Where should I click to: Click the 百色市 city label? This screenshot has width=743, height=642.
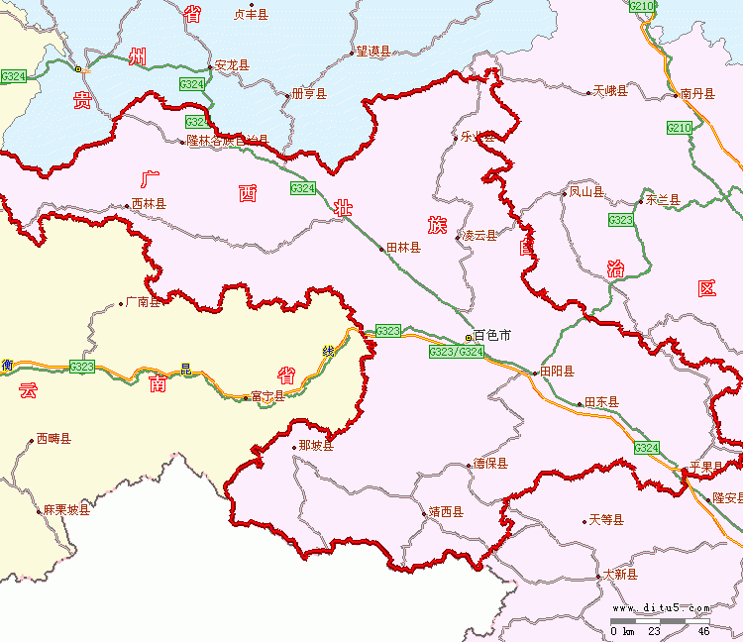(x=492, y=337)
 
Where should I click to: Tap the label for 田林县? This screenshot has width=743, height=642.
(x=403, y=248)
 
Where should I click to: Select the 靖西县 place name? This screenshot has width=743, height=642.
(x=446, y=513)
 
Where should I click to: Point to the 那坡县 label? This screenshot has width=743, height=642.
(x=316, y=447)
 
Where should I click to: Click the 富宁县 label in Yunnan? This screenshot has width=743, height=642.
(x=267, y=396)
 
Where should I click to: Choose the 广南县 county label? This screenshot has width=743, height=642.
(x=143, y=303)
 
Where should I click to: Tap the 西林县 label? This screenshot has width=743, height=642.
(x=149, y=204)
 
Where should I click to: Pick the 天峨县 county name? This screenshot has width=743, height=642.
(x=610, y=92)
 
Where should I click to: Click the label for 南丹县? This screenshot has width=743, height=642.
(x=697, y=93)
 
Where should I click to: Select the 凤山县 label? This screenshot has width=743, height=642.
(x=585, y=192)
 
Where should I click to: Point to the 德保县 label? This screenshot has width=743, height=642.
(x=489, y=464)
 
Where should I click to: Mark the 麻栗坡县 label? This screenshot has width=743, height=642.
(x=65, y=510)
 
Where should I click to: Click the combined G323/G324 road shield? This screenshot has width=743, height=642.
(x=457, y=352)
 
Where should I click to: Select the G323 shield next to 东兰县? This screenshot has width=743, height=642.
(x=621, y=220)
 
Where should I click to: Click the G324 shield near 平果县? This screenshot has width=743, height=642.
(x=646, y=449)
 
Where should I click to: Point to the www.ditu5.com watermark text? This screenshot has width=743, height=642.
(x=661, y=608)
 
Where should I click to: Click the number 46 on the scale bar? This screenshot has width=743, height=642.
(x=703, y=631)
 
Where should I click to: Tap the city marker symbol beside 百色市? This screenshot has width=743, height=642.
(x=470, y=338)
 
